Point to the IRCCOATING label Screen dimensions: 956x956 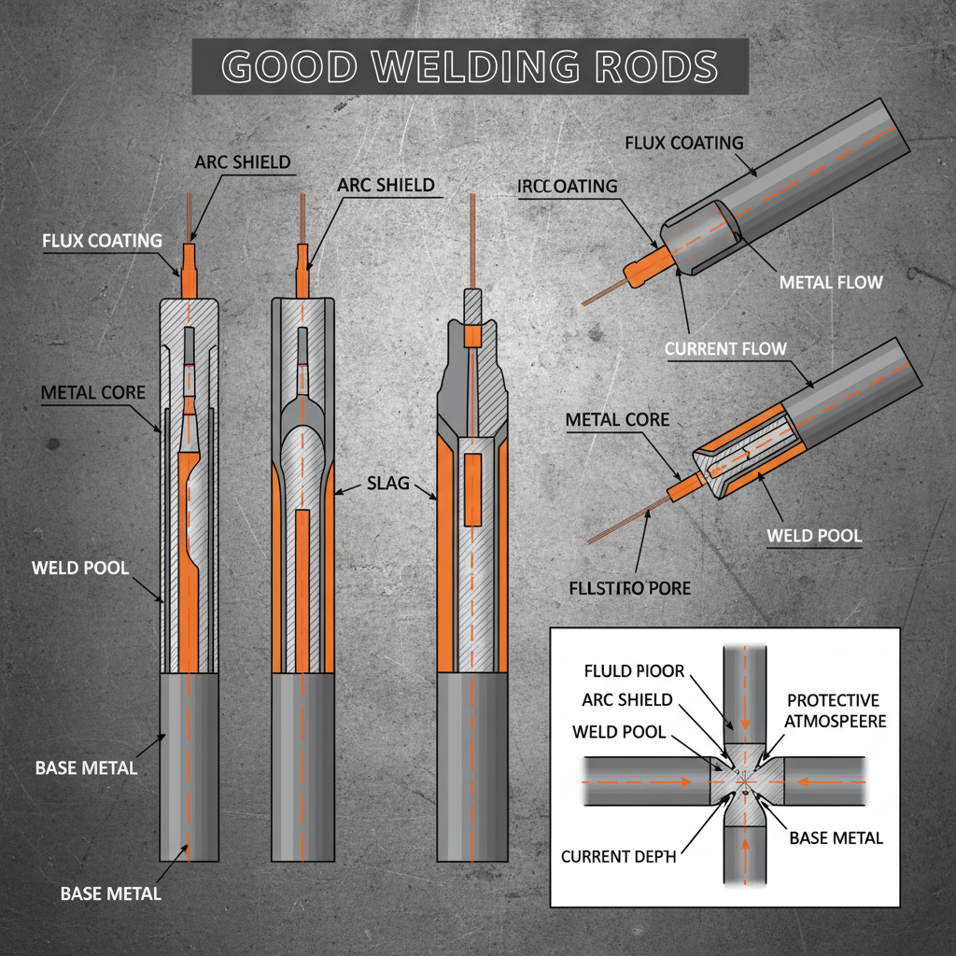coord(567,187)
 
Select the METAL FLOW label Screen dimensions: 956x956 coord(830,281)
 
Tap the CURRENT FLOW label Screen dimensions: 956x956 coord(725,349)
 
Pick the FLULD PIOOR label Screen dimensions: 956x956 coord(633,671)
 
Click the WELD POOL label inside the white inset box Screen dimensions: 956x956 coord(619,732)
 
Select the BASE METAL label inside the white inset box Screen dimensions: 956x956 coord(836,837)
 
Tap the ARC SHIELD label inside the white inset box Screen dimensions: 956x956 coord(626,700)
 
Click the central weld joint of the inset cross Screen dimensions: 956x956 coord(744,781)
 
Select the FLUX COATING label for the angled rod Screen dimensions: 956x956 coord(683,143)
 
